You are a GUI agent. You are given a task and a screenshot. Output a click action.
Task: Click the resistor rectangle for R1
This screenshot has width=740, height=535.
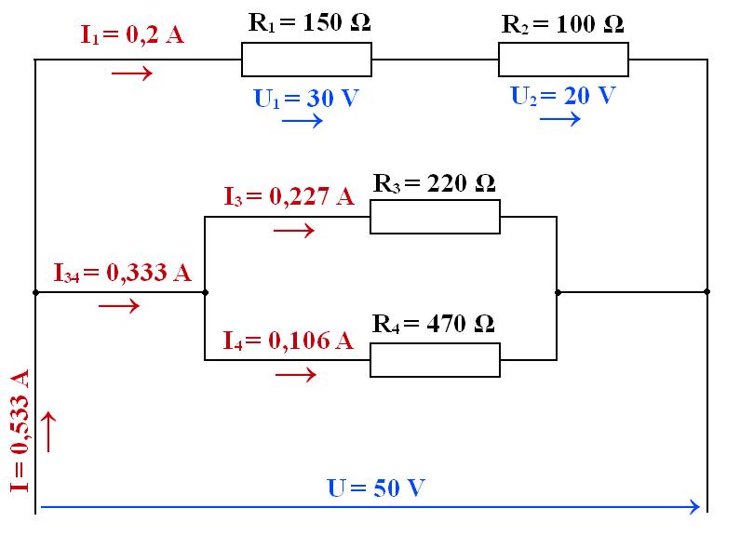coord(306,61)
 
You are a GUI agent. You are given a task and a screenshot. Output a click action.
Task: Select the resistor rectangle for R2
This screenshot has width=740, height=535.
coord(563,61)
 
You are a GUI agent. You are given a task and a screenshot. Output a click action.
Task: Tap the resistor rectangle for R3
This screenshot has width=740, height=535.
coord(435,219)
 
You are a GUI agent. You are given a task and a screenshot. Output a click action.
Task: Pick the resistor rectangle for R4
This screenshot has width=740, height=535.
coord(435,360)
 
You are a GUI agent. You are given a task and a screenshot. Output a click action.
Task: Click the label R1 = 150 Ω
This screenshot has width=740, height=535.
coord(309,23)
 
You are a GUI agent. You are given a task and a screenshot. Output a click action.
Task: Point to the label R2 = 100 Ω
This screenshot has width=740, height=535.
coord(562,24)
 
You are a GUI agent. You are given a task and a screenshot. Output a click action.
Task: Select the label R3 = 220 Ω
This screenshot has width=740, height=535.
coord(434,182)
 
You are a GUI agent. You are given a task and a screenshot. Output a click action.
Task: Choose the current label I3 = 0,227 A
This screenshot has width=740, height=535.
coord(289,196)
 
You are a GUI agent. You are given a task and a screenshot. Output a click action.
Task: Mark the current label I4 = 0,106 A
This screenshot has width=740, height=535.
coord(288,340)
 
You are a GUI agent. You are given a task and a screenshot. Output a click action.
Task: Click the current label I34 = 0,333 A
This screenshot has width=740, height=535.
coord(122,273)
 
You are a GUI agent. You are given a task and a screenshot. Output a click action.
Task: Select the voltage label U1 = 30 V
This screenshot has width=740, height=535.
coord(306,99)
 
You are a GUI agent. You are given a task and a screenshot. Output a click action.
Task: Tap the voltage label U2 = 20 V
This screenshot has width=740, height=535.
coord(563,95)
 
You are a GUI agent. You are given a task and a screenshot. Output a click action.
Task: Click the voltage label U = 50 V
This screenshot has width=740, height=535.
coord(376,487)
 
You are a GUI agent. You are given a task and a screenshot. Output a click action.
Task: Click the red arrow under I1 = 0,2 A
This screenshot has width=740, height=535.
coord(131,72)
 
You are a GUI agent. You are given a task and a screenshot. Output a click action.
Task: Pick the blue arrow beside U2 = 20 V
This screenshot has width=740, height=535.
coord(560,119)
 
